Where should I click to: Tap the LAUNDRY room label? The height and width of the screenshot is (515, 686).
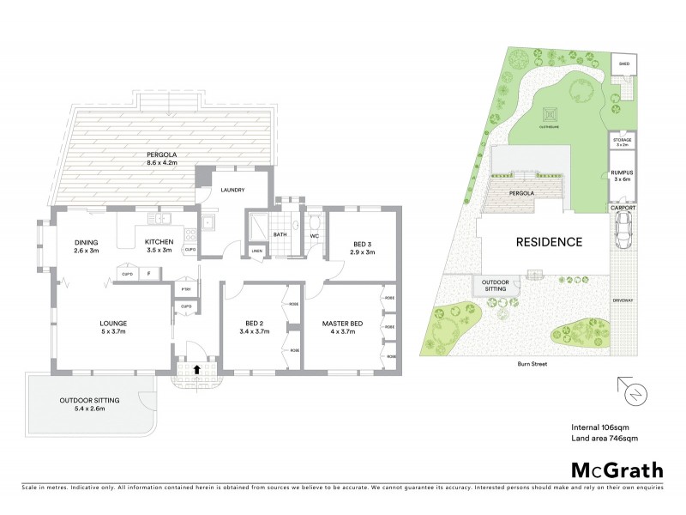point(233,190)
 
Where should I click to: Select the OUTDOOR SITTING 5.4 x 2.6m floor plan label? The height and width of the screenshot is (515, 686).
point(89,405)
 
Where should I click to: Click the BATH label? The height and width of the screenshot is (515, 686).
point(280,233)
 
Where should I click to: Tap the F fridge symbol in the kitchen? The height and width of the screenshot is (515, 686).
point(148,274)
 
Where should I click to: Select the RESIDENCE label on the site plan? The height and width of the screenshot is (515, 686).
point(549,242)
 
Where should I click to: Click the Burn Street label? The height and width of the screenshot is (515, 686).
point(533,364)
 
